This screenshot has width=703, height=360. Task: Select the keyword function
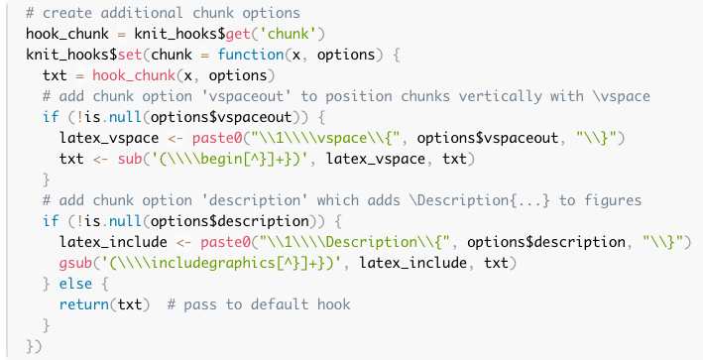251,55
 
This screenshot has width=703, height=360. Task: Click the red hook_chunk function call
134,75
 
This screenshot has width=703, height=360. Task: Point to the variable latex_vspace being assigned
109,138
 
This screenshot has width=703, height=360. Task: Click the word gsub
75,263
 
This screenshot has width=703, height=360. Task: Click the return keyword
84,304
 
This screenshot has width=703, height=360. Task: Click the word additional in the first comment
142,13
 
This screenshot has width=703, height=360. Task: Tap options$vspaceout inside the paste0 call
488,138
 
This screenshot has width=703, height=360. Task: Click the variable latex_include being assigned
113,243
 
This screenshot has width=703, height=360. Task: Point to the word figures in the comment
613,200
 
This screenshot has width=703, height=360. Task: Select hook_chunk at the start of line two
67,34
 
